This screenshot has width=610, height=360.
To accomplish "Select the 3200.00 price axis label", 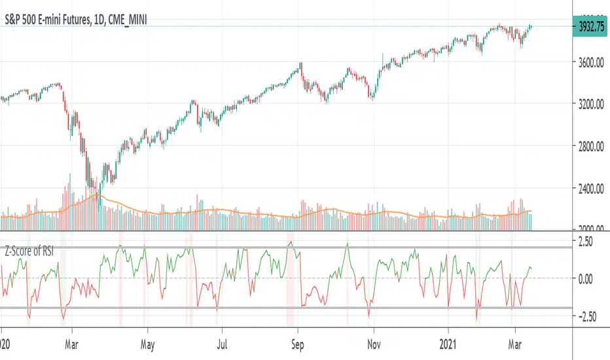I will [x=588, y=105].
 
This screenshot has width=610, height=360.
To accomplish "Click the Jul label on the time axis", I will [x=223, y=342].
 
